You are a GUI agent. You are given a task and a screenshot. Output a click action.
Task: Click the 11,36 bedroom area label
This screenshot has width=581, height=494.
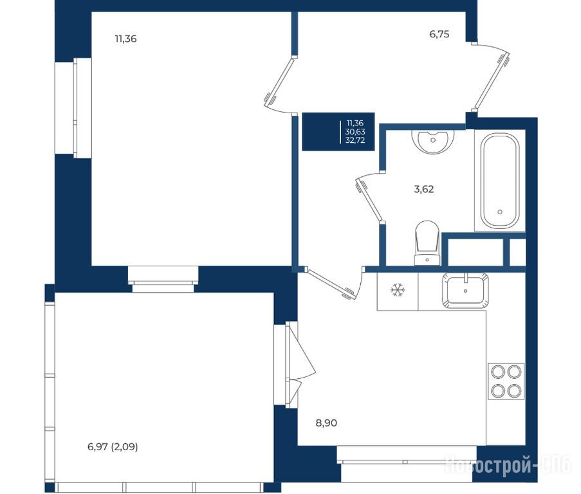click(x=125, y=39)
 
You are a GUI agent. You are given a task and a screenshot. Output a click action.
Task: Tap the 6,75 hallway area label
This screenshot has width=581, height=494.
click(x=439, y=34)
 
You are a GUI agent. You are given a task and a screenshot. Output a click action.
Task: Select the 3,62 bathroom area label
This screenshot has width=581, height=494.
click(x=423, y=189)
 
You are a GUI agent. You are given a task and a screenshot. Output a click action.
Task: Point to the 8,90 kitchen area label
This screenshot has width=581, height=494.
click(x=326, y=423)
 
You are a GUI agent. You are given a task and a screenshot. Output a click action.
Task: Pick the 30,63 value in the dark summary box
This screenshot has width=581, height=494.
click(x=355, y=131)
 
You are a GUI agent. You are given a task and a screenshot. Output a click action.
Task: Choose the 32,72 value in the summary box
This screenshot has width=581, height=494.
click(x=355, y=140)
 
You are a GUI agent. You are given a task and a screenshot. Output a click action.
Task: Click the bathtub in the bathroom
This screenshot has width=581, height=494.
click(x=500, y=180)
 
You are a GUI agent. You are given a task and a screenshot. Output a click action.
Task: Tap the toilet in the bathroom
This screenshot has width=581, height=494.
click(x=427, y=243)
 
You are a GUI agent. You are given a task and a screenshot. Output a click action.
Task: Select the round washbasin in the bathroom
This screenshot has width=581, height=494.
click(x=433, y=141)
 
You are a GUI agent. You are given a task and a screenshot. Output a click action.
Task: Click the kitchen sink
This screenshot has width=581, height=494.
click(x=465, y=291)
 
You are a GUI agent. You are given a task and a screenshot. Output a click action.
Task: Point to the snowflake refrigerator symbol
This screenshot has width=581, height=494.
click(x=398, y=290)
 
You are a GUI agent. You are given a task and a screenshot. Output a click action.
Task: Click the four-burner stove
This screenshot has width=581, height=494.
click(x=506, y=381)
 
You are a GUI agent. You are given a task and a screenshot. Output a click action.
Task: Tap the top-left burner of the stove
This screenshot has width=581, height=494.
click(x=497, y=372)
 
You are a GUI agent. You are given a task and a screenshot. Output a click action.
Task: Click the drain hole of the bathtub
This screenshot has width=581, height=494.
click(x=500, y=212)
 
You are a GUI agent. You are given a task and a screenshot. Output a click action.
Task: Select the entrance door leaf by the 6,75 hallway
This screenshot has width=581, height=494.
click(x=492, y=82)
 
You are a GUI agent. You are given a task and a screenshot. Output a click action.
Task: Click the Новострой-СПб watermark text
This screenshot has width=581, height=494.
click(x=508, y=465)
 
